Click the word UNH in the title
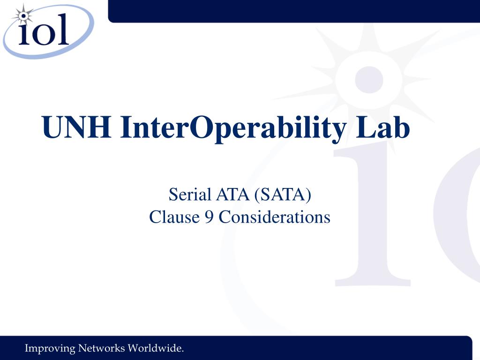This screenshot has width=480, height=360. (x=77, y=128)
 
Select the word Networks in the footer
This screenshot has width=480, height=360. (x=102, y=348)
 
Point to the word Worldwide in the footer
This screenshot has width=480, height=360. (x=156, y=348)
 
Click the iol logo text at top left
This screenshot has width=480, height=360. (x=44, y=33)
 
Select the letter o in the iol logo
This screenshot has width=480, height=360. (x=44, y=35)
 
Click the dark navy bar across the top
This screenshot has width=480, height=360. (x=294, y=10)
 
